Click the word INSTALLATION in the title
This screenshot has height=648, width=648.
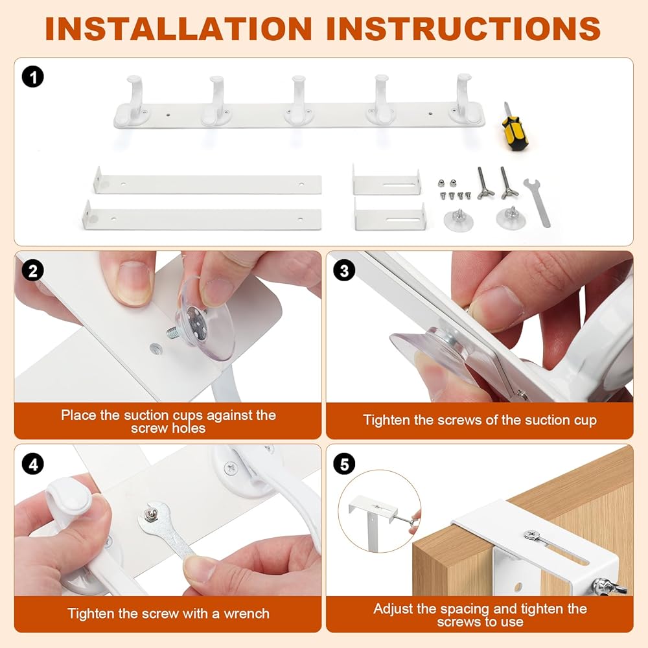[179, 29]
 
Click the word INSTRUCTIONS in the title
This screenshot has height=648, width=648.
[463, 29]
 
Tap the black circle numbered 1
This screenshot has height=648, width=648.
[32, 77]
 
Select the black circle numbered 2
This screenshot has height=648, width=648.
[32, 272]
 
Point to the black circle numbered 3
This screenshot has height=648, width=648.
[344, 271]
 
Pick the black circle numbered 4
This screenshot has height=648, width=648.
[32, 464]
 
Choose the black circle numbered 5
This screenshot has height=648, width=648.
[344, 464]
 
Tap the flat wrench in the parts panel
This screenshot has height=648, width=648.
[538, 202]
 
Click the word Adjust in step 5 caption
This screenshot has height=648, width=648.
[393, 608]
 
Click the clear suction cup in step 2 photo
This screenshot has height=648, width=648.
[205, 318]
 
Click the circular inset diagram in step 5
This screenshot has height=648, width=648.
[379, 511]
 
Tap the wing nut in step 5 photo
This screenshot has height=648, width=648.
[608, 587]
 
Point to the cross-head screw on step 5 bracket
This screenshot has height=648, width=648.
[532, 535]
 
